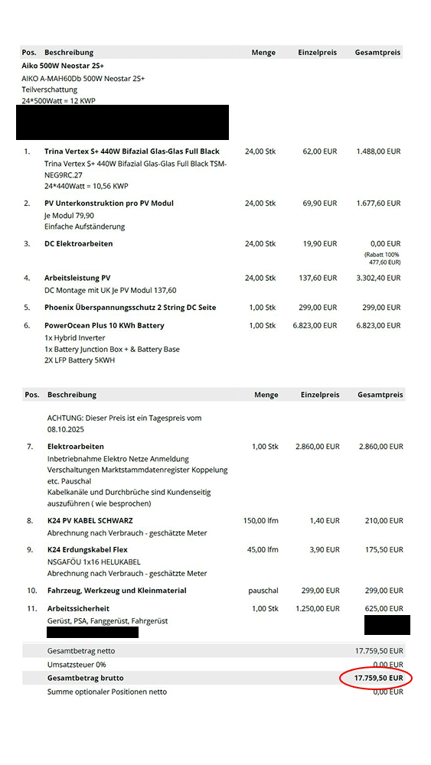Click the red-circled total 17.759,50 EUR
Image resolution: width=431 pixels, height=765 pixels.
pos(377,678)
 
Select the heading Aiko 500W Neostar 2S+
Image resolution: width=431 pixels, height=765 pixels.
pos(63,66)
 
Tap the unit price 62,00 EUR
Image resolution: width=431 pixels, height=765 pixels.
pos(319,151)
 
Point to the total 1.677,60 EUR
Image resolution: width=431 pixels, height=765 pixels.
pos(378,203)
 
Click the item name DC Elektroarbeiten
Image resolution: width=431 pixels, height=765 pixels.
pos(78,244)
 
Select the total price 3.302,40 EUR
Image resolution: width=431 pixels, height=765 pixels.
pos(378,278)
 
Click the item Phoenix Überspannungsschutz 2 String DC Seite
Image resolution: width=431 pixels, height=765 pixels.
pos(130,308)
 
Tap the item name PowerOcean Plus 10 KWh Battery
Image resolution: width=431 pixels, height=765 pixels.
pos(104,326)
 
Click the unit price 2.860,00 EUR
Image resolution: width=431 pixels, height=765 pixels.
pos(317,446)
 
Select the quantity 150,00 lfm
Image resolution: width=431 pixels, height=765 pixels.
pos(262,521)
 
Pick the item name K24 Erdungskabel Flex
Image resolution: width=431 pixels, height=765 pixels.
pos(87,550)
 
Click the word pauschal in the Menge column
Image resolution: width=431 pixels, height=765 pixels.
pos(263,591)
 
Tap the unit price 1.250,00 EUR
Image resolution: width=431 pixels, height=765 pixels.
pos(317,609)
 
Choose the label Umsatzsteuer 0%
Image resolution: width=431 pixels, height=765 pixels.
pos(77,665)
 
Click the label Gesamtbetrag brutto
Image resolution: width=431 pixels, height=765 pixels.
pos(85,678)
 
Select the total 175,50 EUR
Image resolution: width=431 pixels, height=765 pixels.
pos(383,550)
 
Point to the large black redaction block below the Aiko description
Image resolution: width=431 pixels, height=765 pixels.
pos(122,123)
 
